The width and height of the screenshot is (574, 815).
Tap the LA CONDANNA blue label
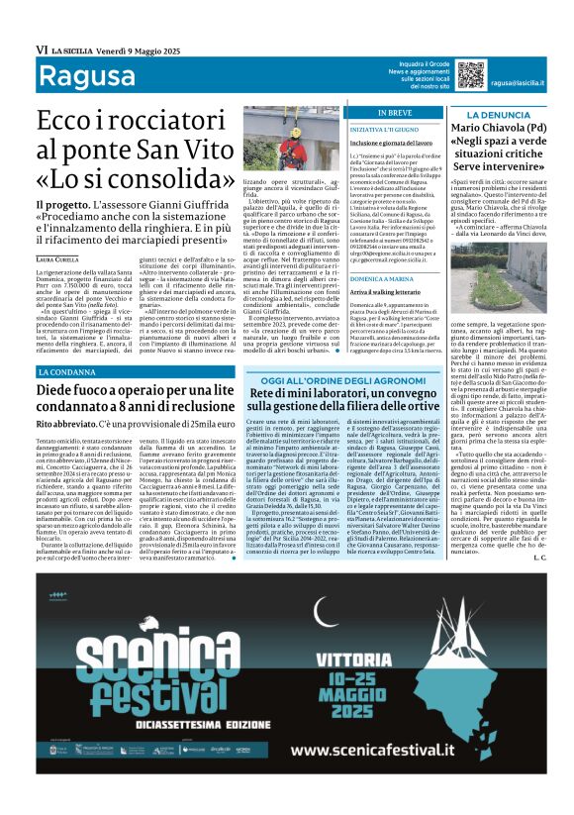69,371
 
